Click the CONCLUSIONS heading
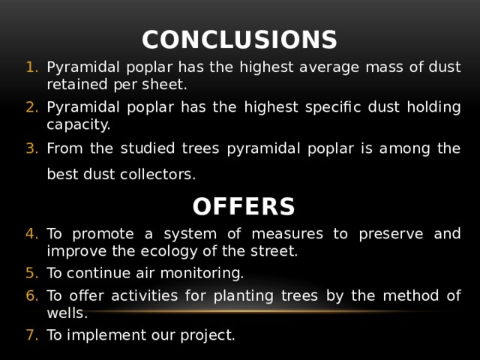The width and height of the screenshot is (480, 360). click(239, 39)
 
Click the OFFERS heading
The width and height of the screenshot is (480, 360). click(243, 205)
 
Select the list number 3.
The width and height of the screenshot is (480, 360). click(32, 148)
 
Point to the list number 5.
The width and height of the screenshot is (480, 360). click(32, 272)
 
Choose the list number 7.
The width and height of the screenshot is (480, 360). click(32, 335)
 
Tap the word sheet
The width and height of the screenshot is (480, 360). click(168, 84)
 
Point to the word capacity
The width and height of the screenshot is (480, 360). click(78, 124)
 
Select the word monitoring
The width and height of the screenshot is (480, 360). click(204, 272)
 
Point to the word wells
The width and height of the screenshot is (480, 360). click(67, 312)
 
